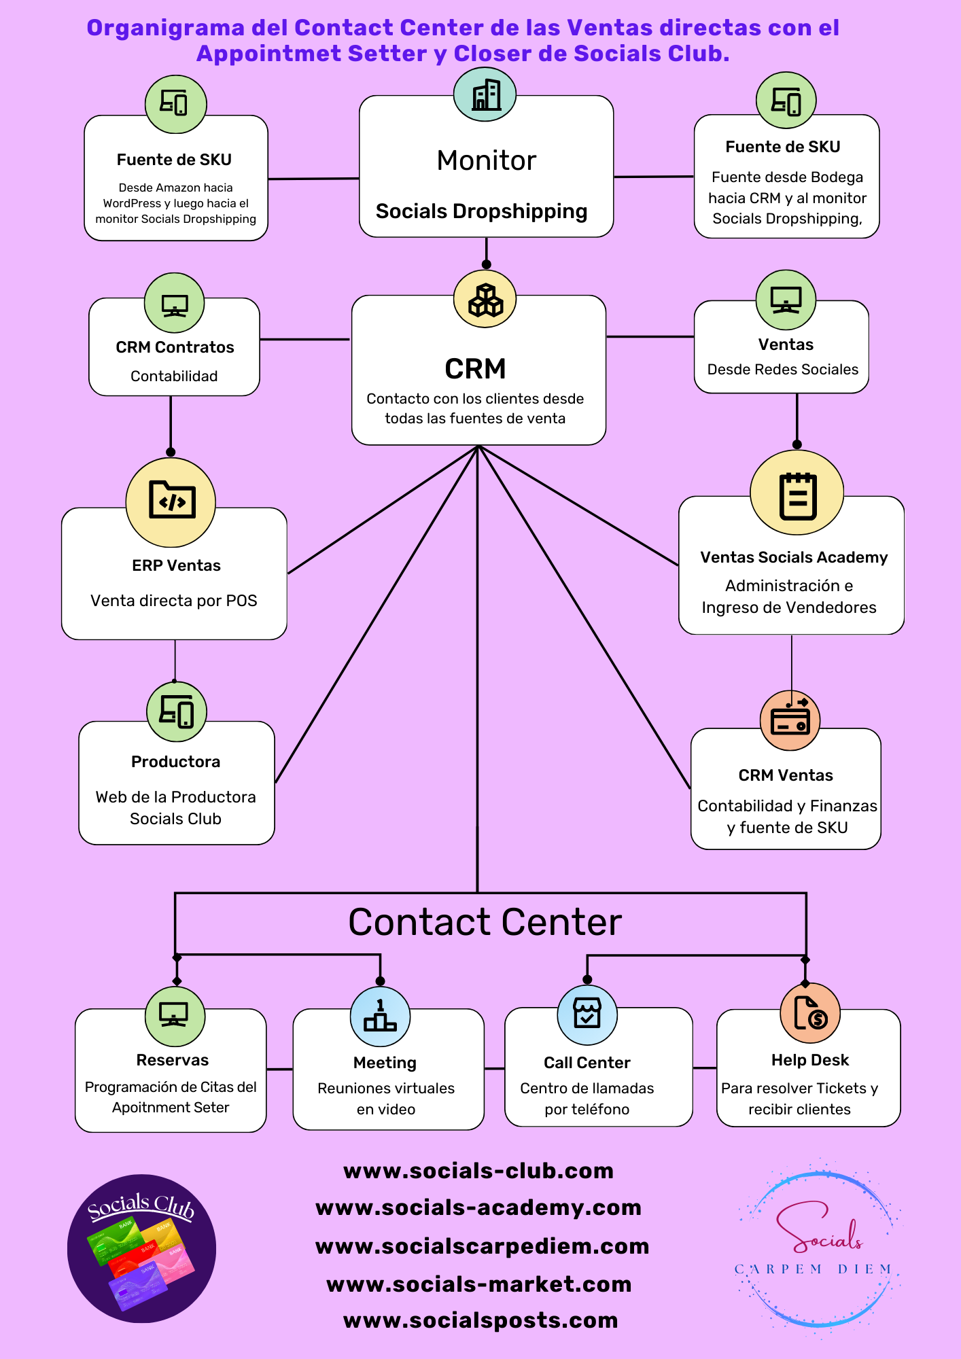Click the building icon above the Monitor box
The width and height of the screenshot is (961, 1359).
click(485, 95)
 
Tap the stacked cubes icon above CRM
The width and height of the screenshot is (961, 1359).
click(485, 300)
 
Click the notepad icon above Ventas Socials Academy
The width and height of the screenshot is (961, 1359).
click(797, 494)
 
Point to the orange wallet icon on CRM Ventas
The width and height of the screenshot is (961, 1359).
click(790, 720)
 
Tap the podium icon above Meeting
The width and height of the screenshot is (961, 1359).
click(380, 1017)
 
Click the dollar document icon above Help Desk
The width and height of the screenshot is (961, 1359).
click(810, 1013)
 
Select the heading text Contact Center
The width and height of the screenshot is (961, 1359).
click(485, 922)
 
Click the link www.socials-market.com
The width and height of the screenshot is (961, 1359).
click(479, 1284)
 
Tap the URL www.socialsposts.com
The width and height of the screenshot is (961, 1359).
click(480, 1320)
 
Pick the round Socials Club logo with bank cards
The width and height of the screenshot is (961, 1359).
click(141, 1248)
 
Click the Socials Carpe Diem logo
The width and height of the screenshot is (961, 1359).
click(820, 1249)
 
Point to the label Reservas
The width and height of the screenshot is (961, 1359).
click(173, 1060)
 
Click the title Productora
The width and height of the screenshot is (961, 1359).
click(175, 762)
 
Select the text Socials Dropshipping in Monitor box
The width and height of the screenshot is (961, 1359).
click(481, 211)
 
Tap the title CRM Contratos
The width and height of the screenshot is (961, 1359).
click(175, 347)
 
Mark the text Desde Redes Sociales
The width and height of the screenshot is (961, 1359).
click(782, 370)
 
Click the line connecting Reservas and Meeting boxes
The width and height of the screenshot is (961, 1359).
click(279, 1069)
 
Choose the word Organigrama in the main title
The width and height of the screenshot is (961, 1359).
click(165, 28)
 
